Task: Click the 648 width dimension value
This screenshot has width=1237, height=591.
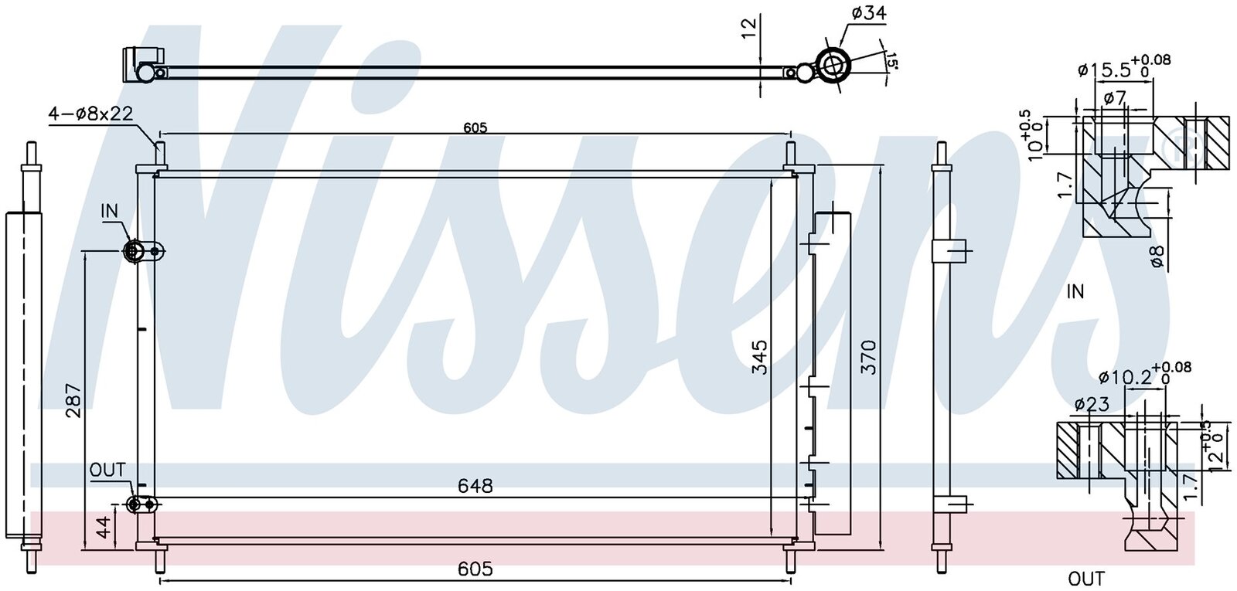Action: click(475, 486)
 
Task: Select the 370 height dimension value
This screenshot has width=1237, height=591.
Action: click(869, 358)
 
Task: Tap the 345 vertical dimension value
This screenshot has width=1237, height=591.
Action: click(759, 358)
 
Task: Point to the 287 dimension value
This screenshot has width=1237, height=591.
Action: click(74, 400)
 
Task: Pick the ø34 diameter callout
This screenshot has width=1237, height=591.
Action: click(868, 12)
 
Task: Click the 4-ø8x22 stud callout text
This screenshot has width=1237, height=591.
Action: click(91, 114)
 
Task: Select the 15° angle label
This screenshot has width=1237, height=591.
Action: click(891, 61)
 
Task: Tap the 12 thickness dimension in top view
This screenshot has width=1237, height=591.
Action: click(748, 28)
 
